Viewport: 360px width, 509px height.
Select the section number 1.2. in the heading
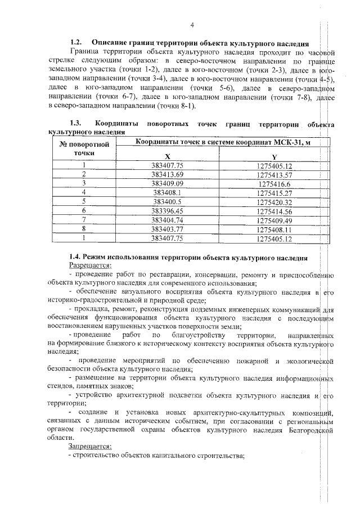click(76, 43)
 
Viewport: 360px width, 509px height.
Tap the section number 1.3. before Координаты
click(76, 123)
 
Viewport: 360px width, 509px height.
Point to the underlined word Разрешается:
click(91, 265)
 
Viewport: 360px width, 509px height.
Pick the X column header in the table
click(167, 157)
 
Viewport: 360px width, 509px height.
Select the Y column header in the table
click(274, 157)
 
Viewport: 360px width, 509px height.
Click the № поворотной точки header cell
click(83, 148)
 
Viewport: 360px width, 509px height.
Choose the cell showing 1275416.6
click(274, 183)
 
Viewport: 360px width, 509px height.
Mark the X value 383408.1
click(167, 192)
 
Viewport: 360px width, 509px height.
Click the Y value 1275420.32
click(274, 201)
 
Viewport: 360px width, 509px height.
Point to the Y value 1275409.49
click(274, 219)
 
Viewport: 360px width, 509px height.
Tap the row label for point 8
click(83, 228)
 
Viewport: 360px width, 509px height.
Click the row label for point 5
click(83, 201)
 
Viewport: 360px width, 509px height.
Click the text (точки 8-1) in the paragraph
click(176, 106)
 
